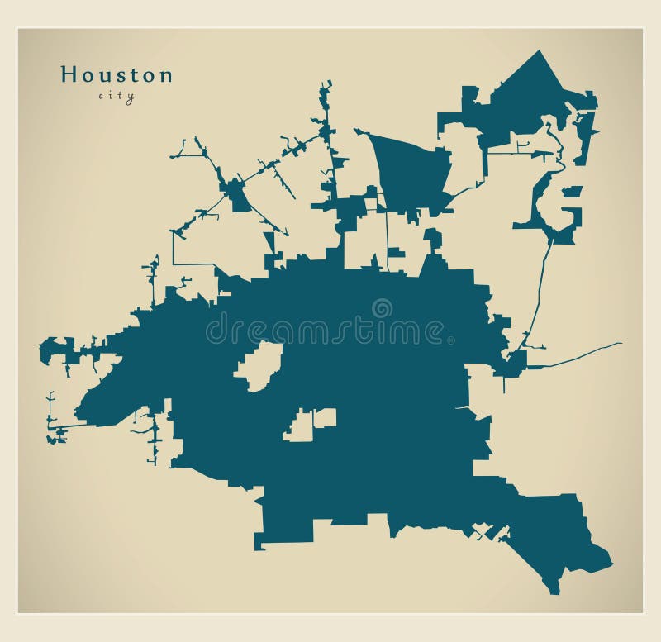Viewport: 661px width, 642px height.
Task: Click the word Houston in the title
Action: [x=117, y=74]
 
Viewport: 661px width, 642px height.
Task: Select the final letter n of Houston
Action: [x=166, y=75]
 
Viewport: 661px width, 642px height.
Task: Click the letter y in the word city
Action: [x=131, y=97]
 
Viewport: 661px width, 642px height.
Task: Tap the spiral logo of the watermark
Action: [x=382, y=308]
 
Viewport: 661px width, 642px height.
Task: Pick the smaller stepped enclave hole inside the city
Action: [x=310, y=424]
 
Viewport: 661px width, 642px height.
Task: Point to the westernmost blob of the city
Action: [x=54, y=350]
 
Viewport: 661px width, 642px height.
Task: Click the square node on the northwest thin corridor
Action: [x=240, y=198]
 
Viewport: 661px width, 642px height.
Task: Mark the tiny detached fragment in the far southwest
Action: [x=56, y=438]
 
